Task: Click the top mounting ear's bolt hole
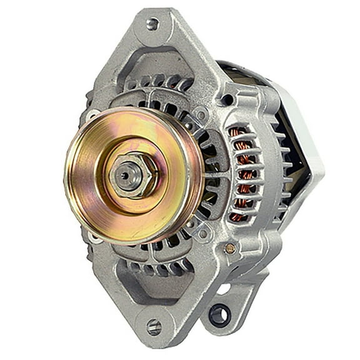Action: (152, 24)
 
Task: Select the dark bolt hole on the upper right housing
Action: (227, 99)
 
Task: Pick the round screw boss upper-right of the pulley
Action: (201, 115)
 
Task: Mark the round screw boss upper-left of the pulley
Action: (94, 116)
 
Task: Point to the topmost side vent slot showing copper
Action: (237, 133)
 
